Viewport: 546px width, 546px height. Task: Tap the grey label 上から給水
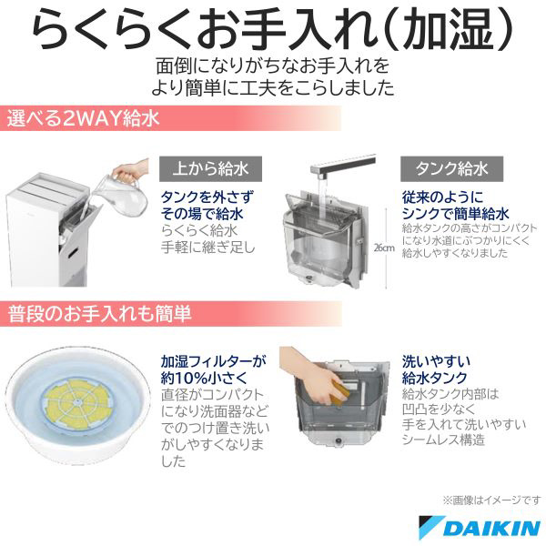(x=211, y=169)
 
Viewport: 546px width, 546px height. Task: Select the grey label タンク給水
(x=451, y=169)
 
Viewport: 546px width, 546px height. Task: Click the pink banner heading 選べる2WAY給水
(x=83, y=118)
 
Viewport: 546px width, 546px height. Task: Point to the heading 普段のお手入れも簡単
(x=99, y=314)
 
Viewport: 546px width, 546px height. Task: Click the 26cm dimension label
(x=384, y=248)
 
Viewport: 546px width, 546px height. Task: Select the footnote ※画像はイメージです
(x=491, y=500)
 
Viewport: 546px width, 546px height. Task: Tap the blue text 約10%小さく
(x=204, y=378)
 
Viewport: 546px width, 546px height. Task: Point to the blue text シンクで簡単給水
(x=456, y=214)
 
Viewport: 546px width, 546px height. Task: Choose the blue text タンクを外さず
(x=207, y=197)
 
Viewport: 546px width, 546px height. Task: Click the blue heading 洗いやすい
(x=436, y=361)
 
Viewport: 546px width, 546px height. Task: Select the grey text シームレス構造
(x=443, y=440)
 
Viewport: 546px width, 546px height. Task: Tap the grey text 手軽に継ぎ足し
(x=208, y=248)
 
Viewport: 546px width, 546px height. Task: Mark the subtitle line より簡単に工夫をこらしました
(x=273, y=87)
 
